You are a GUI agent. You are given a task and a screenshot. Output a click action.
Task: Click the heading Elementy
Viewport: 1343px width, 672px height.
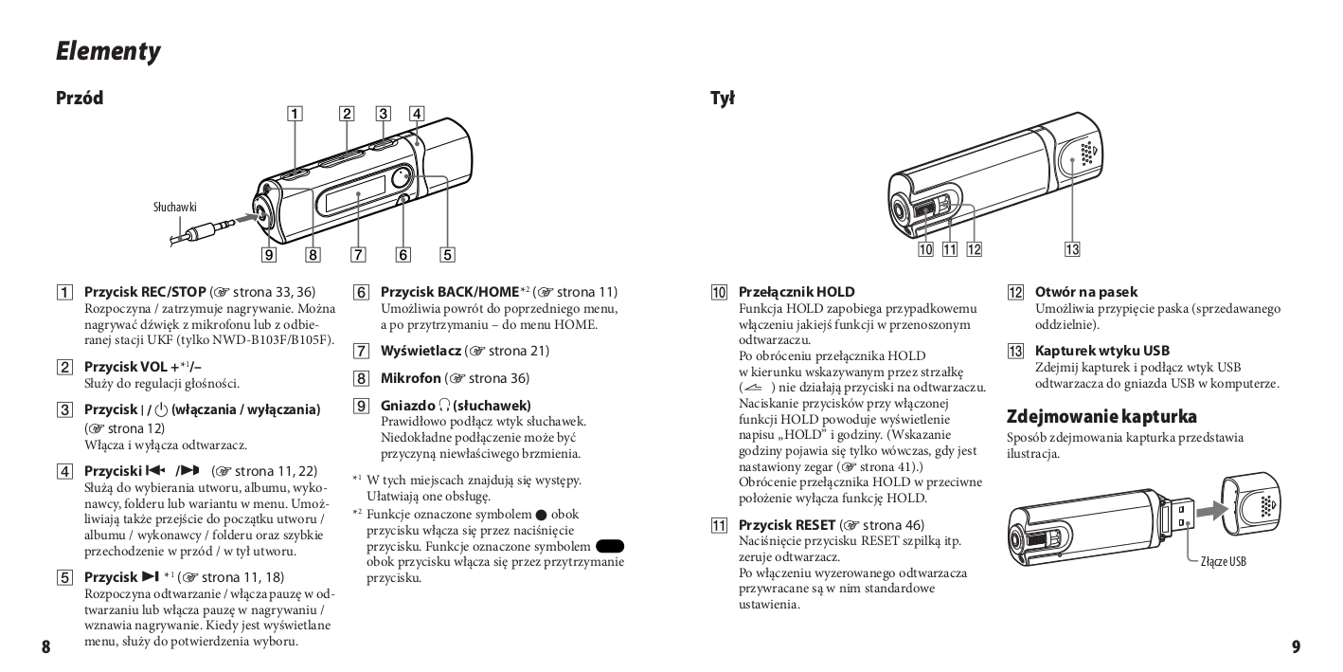(x=107, y=51)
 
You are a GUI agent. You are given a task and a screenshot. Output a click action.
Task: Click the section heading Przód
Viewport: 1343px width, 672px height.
(x=80, y=98)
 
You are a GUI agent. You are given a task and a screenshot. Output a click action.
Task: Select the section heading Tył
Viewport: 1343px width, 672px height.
(x=722, y=98)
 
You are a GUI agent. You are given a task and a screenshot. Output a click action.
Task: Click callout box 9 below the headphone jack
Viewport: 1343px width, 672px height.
(x=270, y=254)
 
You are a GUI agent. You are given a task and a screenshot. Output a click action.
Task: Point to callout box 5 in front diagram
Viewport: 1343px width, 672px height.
(x=447, y=254)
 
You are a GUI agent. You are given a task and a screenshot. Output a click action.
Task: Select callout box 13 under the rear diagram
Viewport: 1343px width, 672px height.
(x=1072, y=249)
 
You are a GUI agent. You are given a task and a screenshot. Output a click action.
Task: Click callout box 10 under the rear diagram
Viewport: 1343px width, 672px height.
(x=925, y=249)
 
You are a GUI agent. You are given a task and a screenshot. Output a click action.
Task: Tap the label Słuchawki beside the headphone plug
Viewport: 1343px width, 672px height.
(x=175, y=206)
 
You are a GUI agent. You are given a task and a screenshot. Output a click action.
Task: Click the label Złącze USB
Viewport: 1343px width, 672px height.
(x=1223, y=561)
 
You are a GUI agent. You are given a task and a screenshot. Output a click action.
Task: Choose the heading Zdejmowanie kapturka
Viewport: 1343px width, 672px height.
(x=1101, y=416)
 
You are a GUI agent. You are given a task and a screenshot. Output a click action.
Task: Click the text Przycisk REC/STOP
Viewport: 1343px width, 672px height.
(x=144, y=293)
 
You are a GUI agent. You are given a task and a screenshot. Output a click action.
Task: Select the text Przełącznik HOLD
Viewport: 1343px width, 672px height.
(x=796, y=293)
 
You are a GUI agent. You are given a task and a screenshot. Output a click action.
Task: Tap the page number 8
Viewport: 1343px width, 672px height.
(x=45, y=647)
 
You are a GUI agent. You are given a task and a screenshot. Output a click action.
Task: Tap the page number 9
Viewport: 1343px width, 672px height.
(x=1296, y=647)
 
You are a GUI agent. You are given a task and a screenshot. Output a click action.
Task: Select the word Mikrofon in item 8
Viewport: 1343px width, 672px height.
(x=410, y=378)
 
